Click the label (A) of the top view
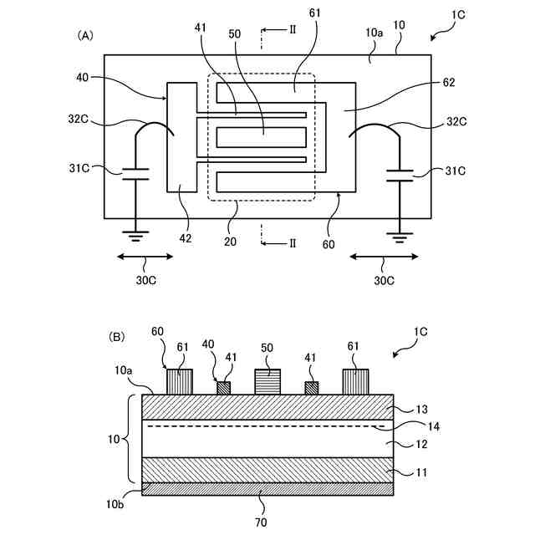[85, 35]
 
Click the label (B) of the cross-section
[116, 337]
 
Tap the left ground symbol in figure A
[135, 236]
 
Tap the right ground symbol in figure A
[400, 237]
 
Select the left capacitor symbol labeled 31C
[135, 174]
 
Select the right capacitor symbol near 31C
[400, 176]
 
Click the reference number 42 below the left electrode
[186, 238]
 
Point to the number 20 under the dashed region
[230, 242]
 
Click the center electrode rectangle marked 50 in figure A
[262, 137]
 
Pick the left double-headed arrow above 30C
[145, 257]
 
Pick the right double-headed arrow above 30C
[384, 257]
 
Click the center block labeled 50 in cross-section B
[267, 382]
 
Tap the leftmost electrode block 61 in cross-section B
[180, 382]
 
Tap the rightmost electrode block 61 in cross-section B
[355, 382]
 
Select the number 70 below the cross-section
[261, 522]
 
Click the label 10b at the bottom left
[115, 503]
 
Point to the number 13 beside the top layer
[421, 409]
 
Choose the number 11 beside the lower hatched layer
[421, 472]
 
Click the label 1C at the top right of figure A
[458, 15]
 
